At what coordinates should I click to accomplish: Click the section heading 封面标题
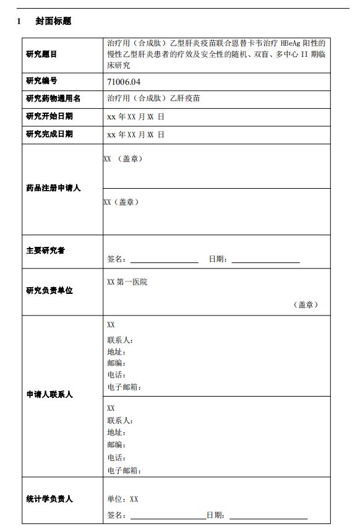click(x=53, y=21)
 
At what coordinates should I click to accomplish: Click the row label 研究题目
click(x=41, y=54)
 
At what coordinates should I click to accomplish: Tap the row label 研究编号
click(x=41, y=81)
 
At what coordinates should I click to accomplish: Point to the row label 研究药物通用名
click(x=54, y=98)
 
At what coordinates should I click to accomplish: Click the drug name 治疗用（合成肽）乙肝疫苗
click(x=153, y=98)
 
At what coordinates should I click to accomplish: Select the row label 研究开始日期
click(x=49, y=116)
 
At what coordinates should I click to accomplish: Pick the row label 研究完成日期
click(x=49, y=134)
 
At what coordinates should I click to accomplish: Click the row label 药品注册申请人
click(x=54, y=188)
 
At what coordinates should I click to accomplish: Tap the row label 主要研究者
click(x=45, y=251)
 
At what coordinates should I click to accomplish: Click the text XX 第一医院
click(x=127, y=282)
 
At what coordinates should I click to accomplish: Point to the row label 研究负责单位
click(x=49, y=291)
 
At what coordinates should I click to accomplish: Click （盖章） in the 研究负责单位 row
click(x=306, y=304)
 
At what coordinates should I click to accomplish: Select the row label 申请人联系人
click(x=49, y=394)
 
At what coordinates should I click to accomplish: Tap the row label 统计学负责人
click(x=49, y=499)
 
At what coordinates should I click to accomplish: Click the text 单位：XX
click(x=122, y=499)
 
